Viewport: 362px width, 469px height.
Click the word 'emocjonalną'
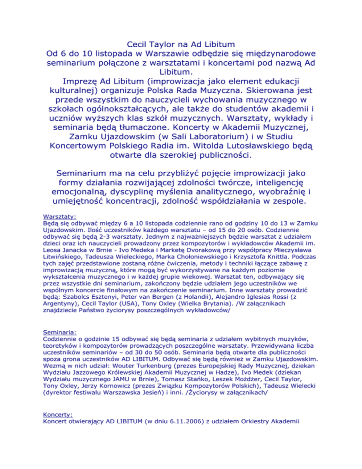pyautogui.click(x=94, y=191)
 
